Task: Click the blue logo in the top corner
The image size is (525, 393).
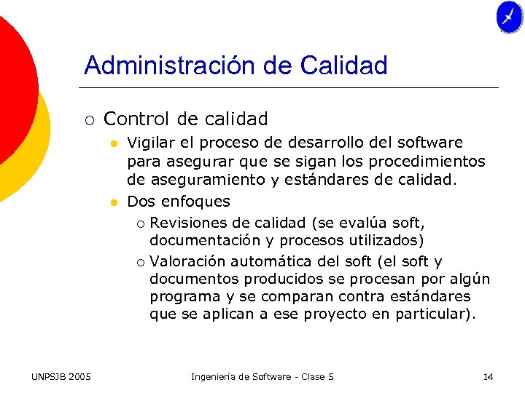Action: [x=509, y=17]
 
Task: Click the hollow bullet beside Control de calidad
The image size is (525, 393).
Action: [x=88, y=119]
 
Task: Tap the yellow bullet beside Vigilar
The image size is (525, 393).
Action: [x=114, y=143]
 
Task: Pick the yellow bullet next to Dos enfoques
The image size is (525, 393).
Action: [x=114, y=202]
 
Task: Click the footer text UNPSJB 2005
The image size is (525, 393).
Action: [x=61, y=376]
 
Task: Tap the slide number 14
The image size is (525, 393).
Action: [x=488, y=376]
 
